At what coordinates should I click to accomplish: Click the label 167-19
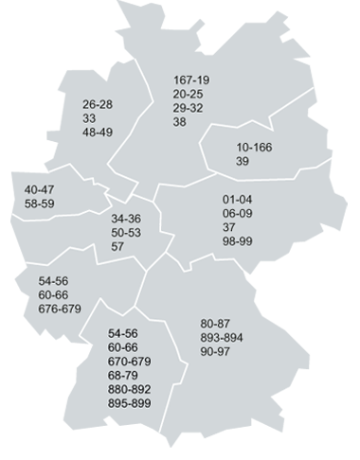[191, 80]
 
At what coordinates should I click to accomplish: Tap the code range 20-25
[189, 95]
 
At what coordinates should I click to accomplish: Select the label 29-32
[189, 109]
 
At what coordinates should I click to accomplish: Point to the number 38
[180, 123]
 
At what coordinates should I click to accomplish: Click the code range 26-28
[98, 104]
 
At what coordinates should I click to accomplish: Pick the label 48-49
[98, 133]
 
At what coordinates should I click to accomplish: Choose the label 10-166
[254, 148]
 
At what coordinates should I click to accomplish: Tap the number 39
[243, 162]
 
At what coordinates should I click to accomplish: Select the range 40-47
[40, 189]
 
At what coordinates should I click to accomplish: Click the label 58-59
[40, 203]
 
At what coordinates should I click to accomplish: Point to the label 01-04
[238, 200]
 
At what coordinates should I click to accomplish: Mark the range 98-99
[238, 242]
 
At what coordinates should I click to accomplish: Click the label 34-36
[126, 219]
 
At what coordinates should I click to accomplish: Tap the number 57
[117, 247]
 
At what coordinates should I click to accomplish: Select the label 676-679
[60, 310]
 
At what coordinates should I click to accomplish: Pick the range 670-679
[130, 362]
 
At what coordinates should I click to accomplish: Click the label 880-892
[130, 390]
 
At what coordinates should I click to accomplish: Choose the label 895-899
[130, 404]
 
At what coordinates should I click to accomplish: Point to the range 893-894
[222, 338]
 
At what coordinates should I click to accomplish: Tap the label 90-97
[216, 352]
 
